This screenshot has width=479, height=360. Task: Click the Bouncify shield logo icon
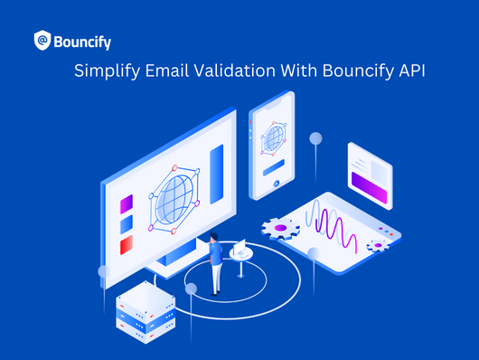pyautogui.click(x=42, y=40)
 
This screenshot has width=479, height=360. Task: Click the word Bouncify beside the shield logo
pyautogui.click(x=82, y=41)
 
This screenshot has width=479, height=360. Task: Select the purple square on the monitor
pyautogui.click(x=127, y=203)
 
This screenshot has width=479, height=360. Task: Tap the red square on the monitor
pyautogui.click(x=127, y=244)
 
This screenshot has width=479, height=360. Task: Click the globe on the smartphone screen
pyautogui.click(x=273, y=138)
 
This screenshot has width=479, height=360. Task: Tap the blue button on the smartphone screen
pyautogui.click(x=273, y=166)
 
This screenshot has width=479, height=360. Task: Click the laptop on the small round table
pyautogui.click(x=239, y=247)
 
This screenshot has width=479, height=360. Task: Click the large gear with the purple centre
pyautogui.click(x=280, y=228)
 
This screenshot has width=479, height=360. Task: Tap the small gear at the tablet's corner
pyautogui.click(x=376, y=245)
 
